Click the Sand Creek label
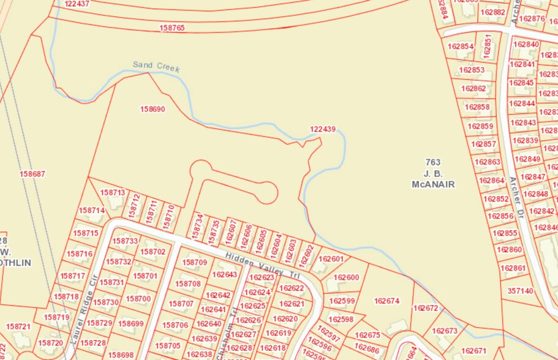click(x=156, y=67)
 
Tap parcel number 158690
click(x=153, y=110)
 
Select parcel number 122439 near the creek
click(x=323, y=129)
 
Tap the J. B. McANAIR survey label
click(x=433, y=173)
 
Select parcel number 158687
click(x=32, y=174)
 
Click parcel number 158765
click(x=172, y=28)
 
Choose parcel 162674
click(x=386, y=301)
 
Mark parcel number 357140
click(x=520, y=291)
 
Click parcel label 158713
click(x=112, y=193)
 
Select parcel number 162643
click(x=224, y=275)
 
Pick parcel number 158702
click(x=153, y=252)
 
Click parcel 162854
click(x=461, y=47)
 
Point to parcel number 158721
click(x=18, y=327)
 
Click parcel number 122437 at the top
click(x=77, y=4)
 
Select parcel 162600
click(x=347, y=278)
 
